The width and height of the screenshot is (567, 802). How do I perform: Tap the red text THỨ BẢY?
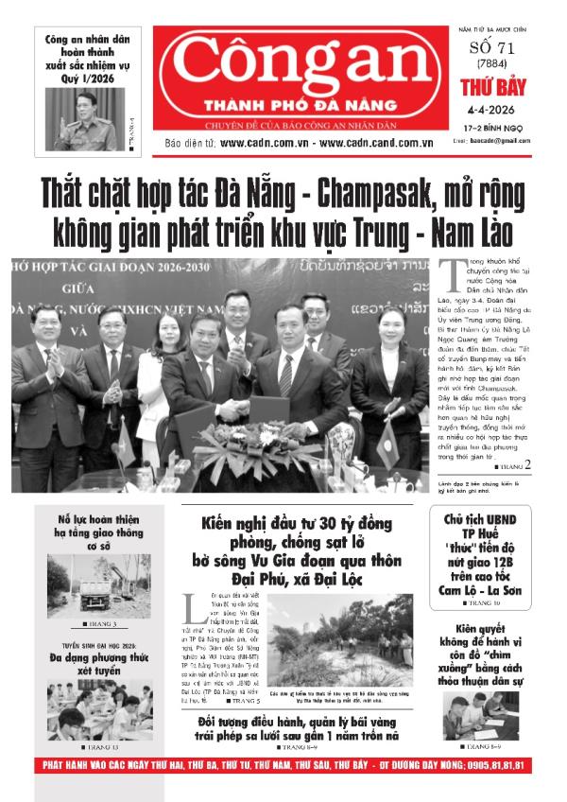pos(491,90)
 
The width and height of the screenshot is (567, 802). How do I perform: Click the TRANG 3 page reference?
pos(98,625)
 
